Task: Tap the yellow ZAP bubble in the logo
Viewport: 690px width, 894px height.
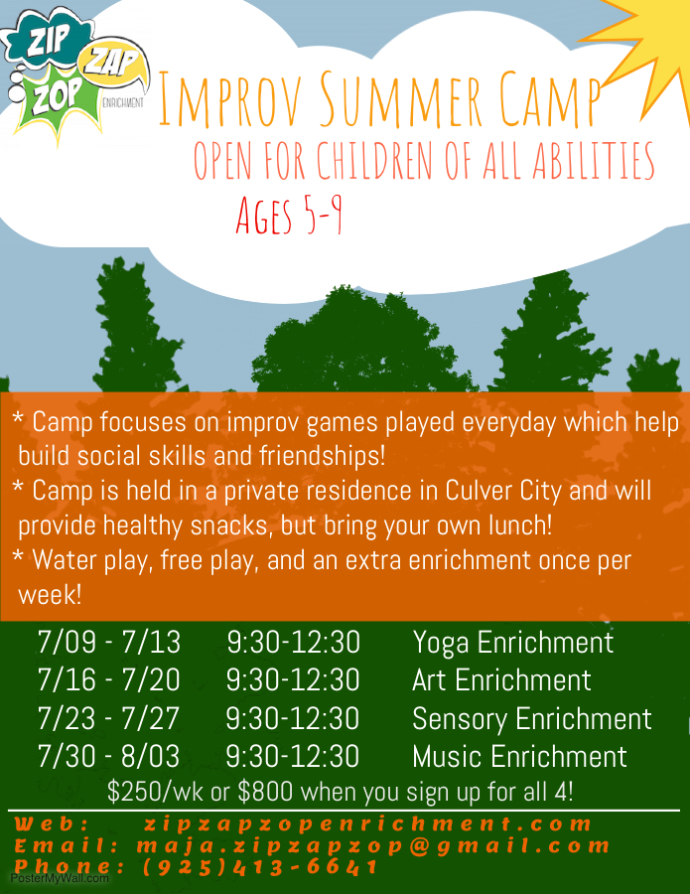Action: [x=114, y=64]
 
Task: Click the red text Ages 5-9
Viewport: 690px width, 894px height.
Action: [x=290, y=216]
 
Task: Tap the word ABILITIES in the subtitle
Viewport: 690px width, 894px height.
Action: [x=594, y=161]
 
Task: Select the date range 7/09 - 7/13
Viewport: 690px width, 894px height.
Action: [x=109, y=642]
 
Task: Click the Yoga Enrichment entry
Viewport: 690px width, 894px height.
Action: [x=513, y=643]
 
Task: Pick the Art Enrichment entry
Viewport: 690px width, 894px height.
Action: [x=501, y=680]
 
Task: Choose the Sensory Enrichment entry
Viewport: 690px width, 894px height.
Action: [x=531, y=719]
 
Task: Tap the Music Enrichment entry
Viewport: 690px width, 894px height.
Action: [x=519, y=757]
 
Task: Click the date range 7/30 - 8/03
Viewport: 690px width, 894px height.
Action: [x=108, y=756]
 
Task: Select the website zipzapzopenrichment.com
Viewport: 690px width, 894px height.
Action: [x=368, y=823]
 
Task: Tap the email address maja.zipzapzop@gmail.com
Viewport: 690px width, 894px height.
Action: [x=373, y=846]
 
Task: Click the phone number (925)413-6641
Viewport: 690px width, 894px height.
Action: [x=260, y=867]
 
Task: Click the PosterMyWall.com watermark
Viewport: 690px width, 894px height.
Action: [x=60, y=879]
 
